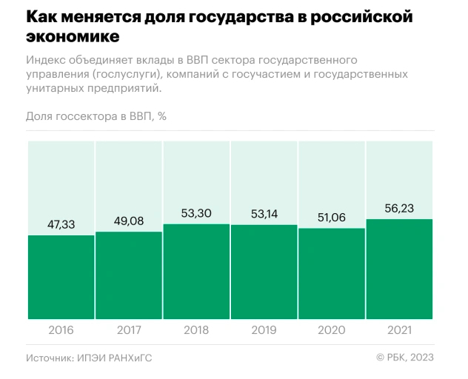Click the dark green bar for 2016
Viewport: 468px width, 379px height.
(x=61, y=278)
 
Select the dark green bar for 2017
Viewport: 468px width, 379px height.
(x=129, y=275)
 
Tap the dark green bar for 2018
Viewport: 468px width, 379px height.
(x=196, y=272)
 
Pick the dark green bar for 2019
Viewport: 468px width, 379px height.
(x=264, y=272)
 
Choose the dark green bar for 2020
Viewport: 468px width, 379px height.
(x=332, y=274)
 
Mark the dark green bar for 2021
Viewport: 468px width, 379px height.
(x=399, y=269)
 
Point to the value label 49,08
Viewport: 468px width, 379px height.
(x=129, y=221)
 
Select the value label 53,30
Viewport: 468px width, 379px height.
(x=196, y=213)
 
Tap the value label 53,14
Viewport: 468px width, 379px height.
(x=264, y=213)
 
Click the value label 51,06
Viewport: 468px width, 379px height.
(x=332, y=218)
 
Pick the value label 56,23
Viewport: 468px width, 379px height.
(x=399, y=208)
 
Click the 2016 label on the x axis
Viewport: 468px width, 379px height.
(x=61, y=330)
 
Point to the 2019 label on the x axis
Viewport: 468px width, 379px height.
(x=264, y=330)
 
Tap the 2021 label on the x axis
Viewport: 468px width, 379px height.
(x=399, y=330)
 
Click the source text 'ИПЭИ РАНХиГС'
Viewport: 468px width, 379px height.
(x=118, y=358)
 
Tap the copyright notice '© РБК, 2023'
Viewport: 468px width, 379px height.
(x=404, y=358)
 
